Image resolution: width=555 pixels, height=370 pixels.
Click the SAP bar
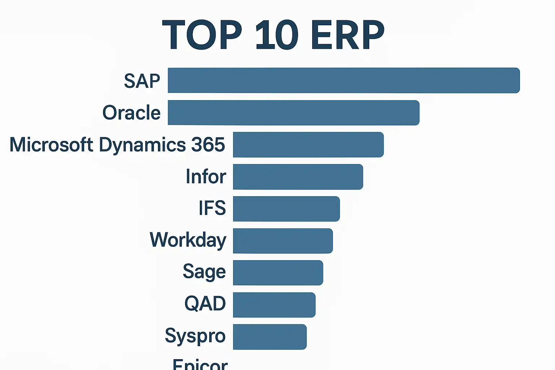pyautogui.click(x=343, y=80)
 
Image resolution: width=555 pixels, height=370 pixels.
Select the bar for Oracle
pyautogui.click(x=293, y=113)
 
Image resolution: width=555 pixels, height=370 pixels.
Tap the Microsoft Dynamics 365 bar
pyautogui.click(x=308, y=145)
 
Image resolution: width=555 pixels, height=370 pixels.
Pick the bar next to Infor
pyautogui.click(x=298, y=177)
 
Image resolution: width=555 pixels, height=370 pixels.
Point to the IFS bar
pyautogui.click(x=286, y=208)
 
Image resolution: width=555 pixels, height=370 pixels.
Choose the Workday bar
pyautogui.click(x=283, y=241)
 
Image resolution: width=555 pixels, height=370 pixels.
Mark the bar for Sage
pyautogui.click(x=278, y=272)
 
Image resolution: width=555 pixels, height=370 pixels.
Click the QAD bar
pyautogui.click(x=274, y=305)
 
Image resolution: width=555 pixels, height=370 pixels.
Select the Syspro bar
pyautogui.click(x=270, y=337)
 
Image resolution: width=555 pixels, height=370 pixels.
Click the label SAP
pyautogui.click(x=142, y=81)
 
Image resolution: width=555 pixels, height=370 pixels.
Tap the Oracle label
pyautogui.click(x=132, y=113)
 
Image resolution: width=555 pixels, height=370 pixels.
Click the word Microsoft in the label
pyautogui.click(x=51, y=145)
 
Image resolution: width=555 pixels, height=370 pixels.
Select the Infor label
pyautogui.click(x=206, y=177)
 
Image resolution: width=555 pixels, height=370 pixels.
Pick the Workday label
pyautogui.click(x=188, y=240)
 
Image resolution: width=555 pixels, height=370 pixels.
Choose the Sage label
pyautogui.click(x=204, y=272)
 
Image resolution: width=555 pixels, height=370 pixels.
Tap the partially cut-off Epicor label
pyautogui.click(x=200, y=364)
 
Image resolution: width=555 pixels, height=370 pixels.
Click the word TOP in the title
pyautogui.click(x=202, y=35)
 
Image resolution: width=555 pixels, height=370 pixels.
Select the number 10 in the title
pyautogui.click(x=276, y=35)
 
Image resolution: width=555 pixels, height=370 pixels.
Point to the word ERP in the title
pyautogui.click(x=347, y=35)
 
